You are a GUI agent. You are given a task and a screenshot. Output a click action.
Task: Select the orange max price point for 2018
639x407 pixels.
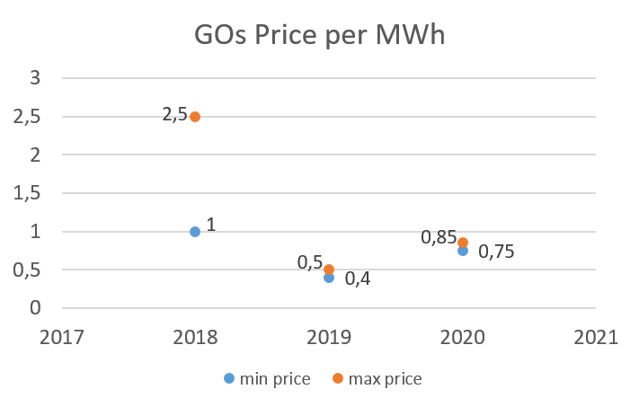click(x=195, y=117)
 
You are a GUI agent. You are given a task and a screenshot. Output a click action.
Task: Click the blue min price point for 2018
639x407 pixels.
click(x=195, y=232)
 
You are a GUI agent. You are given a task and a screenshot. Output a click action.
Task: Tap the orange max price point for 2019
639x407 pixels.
click(x=329, y=270)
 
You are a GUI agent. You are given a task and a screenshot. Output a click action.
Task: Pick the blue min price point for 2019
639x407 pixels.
click(x=329, y=278)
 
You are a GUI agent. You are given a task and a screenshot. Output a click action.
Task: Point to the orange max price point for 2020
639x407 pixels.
click(x=463, y=243)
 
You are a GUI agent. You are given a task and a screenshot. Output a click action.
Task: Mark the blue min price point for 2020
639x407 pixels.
click(x=463, y=251)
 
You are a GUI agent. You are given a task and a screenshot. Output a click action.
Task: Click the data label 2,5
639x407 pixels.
click(x=174, y=114)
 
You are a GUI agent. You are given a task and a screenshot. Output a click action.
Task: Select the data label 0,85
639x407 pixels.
click(x=439, y=238)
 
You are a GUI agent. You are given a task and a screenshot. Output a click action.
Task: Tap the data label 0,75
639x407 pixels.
click(x=497, y=252)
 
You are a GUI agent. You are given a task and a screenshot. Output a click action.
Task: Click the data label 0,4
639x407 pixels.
click(x=358, y=279)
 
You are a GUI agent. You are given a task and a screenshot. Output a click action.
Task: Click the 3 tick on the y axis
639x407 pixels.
click(x=35, y=77)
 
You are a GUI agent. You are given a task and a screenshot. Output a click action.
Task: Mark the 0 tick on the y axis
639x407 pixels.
click(x=35, y=308)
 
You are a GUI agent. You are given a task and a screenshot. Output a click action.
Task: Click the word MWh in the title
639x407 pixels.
click(x=419, y=38)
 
